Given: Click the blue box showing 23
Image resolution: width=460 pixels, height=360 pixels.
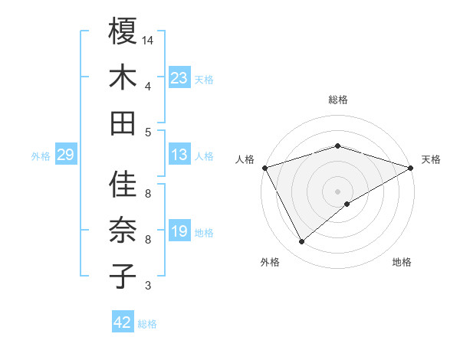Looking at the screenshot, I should (179, 77).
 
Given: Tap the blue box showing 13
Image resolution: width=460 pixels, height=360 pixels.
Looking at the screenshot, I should (179, 155).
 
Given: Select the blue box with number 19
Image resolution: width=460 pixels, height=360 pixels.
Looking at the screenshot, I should (179, 231).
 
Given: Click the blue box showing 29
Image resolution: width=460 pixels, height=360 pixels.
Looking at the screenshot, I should (65, 155).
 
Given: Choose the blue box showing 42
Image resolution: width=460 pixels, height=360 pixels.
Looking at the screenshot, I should (123, 322).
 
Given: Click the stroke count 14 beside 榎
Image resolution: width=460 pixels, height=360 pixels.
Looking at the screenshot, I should (148, 40).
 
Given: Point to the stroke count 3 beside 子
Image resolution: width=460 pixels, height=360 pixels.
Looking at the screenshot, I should (148, 286).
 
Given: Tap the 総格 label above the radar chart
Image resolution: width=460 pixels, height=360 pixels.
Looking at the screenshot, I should (338, 100).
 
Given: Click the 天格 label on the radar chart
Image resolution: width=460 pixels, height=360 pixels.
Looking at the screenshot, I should (431, 159).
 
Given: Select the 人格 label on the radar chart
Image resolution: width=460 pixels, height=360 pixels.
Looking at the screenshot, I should (245, 159).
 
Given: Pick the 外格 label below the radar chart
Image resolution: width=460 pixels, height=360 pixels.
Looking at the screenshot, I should (270, 263).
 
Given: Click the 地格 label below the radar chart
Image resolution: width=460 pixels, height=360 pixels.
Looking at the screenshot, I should (402, 263).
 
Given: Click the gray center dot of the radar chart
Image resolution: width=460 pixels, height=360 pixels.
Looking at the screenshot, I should (338, 191).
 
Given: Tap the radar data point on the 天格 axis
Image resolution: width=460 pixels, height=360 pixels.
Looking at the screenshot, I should (412, 167).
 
